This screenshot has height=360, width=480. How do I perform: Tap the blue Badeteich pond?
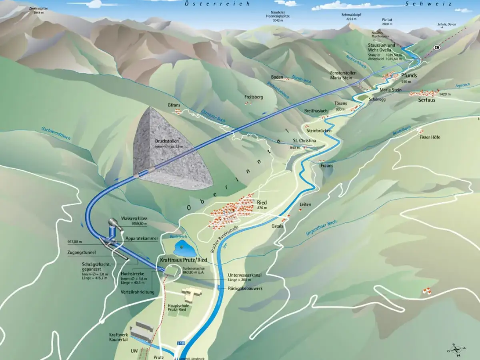point(182,248)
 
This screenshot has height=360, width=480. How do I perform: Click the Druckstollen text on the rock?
point(167,141)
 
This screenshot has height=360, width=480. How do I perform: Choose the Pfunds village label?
point(409,75)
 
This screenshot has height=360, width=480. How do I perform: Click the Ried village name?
point(262,202)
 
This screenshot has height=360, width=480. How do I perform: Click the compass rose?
point(456,350)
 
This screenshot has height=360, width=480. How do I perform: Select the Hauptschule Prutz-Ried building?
point(191,294)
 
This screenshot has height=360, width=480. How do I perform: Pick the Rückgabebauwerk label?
point(245,288)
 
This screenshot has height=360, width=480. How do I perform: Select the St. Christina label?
point(304,141)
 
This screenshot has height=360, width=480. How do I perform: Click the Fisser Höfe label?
point(430,137)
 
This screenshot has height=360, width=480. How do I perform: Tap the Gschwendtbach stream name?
point(56,134)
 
